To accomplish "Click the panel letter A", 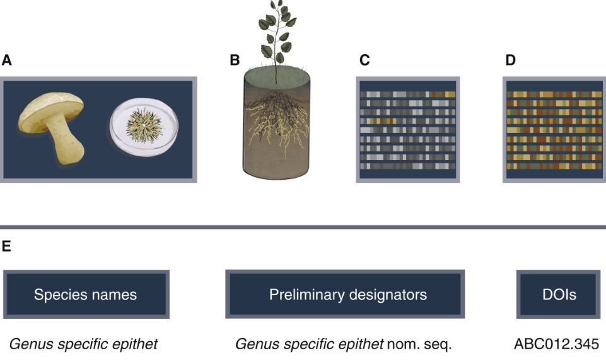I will pos(7,61).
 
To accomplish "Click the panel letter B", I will pos(235,61).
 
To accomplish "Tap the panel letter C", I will pos(364,61).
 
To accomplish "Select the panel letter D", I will pos(510,61).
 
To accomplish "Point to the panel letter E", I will pos(6,247).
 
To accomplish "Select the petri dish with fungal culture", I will pos(144,127).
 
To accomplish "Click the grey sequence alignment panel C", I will pos(407,129).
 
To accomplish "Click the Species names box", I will pos(85,294).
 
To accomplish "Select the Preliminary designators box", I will pos(345,294).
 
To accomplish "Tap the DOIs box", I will pos(559,294).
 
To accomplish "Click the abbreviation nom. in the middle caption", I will pos(404,345).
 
